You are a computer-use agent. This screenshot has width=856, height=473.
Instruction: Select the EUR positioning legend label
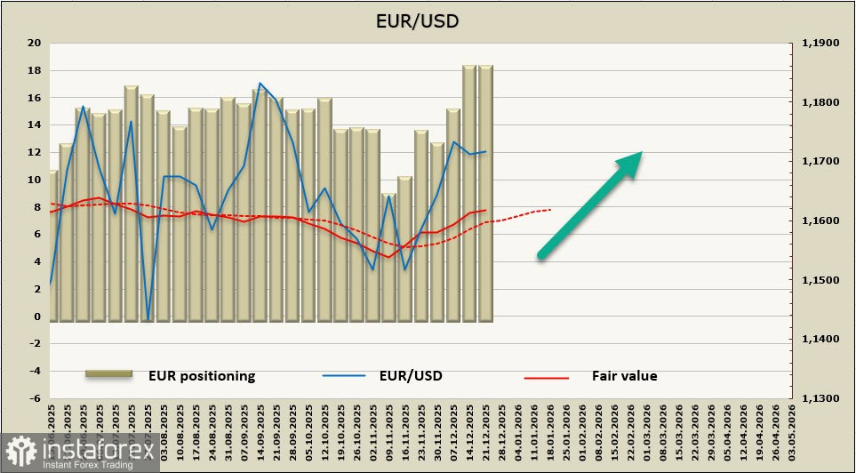202,376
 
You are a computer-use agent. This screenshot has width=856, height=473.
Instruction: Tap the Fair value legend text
624,376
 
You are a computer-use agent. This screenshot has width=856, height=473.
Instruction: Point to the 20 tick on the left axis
35,43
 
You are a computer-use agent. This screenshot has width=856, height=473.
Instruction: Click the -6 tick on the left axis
35,398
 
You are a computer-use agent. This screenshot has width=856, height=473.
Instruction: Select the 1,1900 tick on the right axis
820,43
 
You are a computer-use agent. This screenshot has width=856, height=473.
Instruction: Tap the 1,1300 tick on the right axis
820,398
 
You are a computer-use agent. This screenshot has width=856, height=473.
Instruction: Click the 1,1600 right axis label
820,220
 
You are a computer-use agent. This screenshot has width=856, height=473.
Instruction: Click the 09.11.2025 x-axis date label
388,437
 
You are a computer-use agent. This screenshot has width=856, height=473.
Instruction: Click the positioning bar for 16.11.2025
404,248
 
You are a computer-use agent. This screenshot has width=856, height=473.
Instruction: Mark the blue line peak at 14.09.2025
260,84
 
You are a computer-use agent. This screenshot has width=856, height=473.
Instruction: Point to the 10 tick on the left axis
35,180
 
